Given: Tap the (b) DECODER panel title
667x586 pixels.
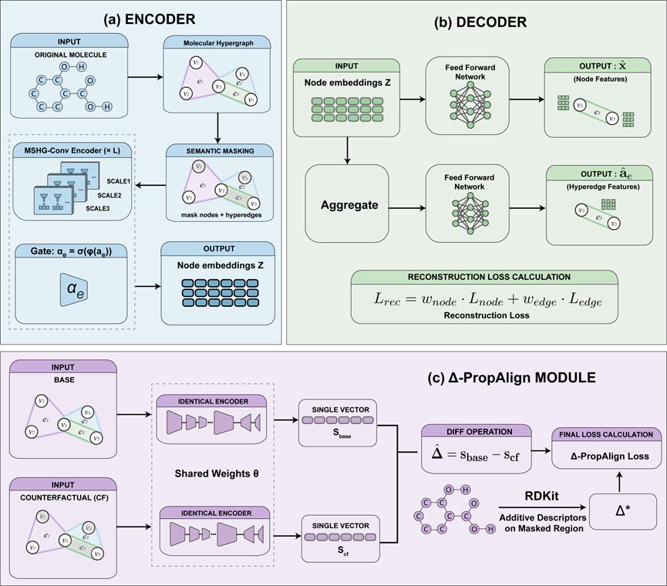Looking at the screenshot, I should (477, 22).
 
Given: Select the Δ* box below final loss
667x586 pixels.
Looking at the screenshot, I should (623, 510).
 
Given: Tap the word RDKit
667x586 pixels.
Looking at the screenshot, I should (540, 499).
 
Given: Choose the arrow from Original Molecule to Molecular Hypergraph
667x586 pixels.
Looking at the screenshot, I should (142, 77).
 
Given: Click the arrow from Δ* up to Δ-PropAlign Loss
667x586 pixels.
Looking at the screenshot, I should (623, 481).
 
